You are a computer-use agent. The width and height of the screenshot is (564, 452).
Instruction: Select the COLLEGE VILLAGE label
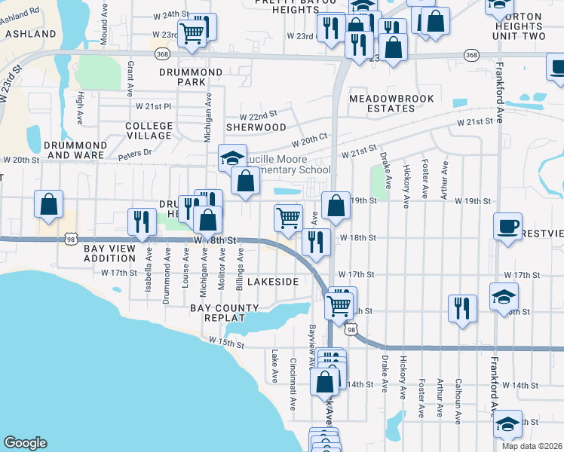149,131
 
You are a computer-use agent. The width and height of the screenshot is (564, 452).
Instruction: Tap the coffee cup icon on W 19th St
508,226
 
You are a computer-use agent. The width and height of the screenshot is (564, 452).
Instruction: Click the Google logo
25,443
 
